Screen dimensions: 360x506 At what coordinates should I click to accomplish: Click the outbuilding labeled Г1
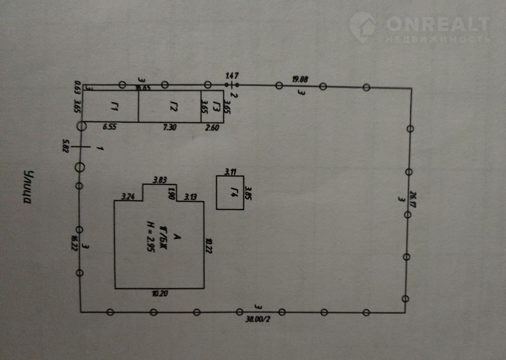click(110, 106)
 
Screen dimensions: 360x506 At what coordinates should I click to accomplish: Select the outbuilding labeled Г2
click(169, 106)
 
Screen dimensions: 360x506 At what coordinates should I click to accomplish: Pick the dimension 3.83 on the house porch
click(159, 180)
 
